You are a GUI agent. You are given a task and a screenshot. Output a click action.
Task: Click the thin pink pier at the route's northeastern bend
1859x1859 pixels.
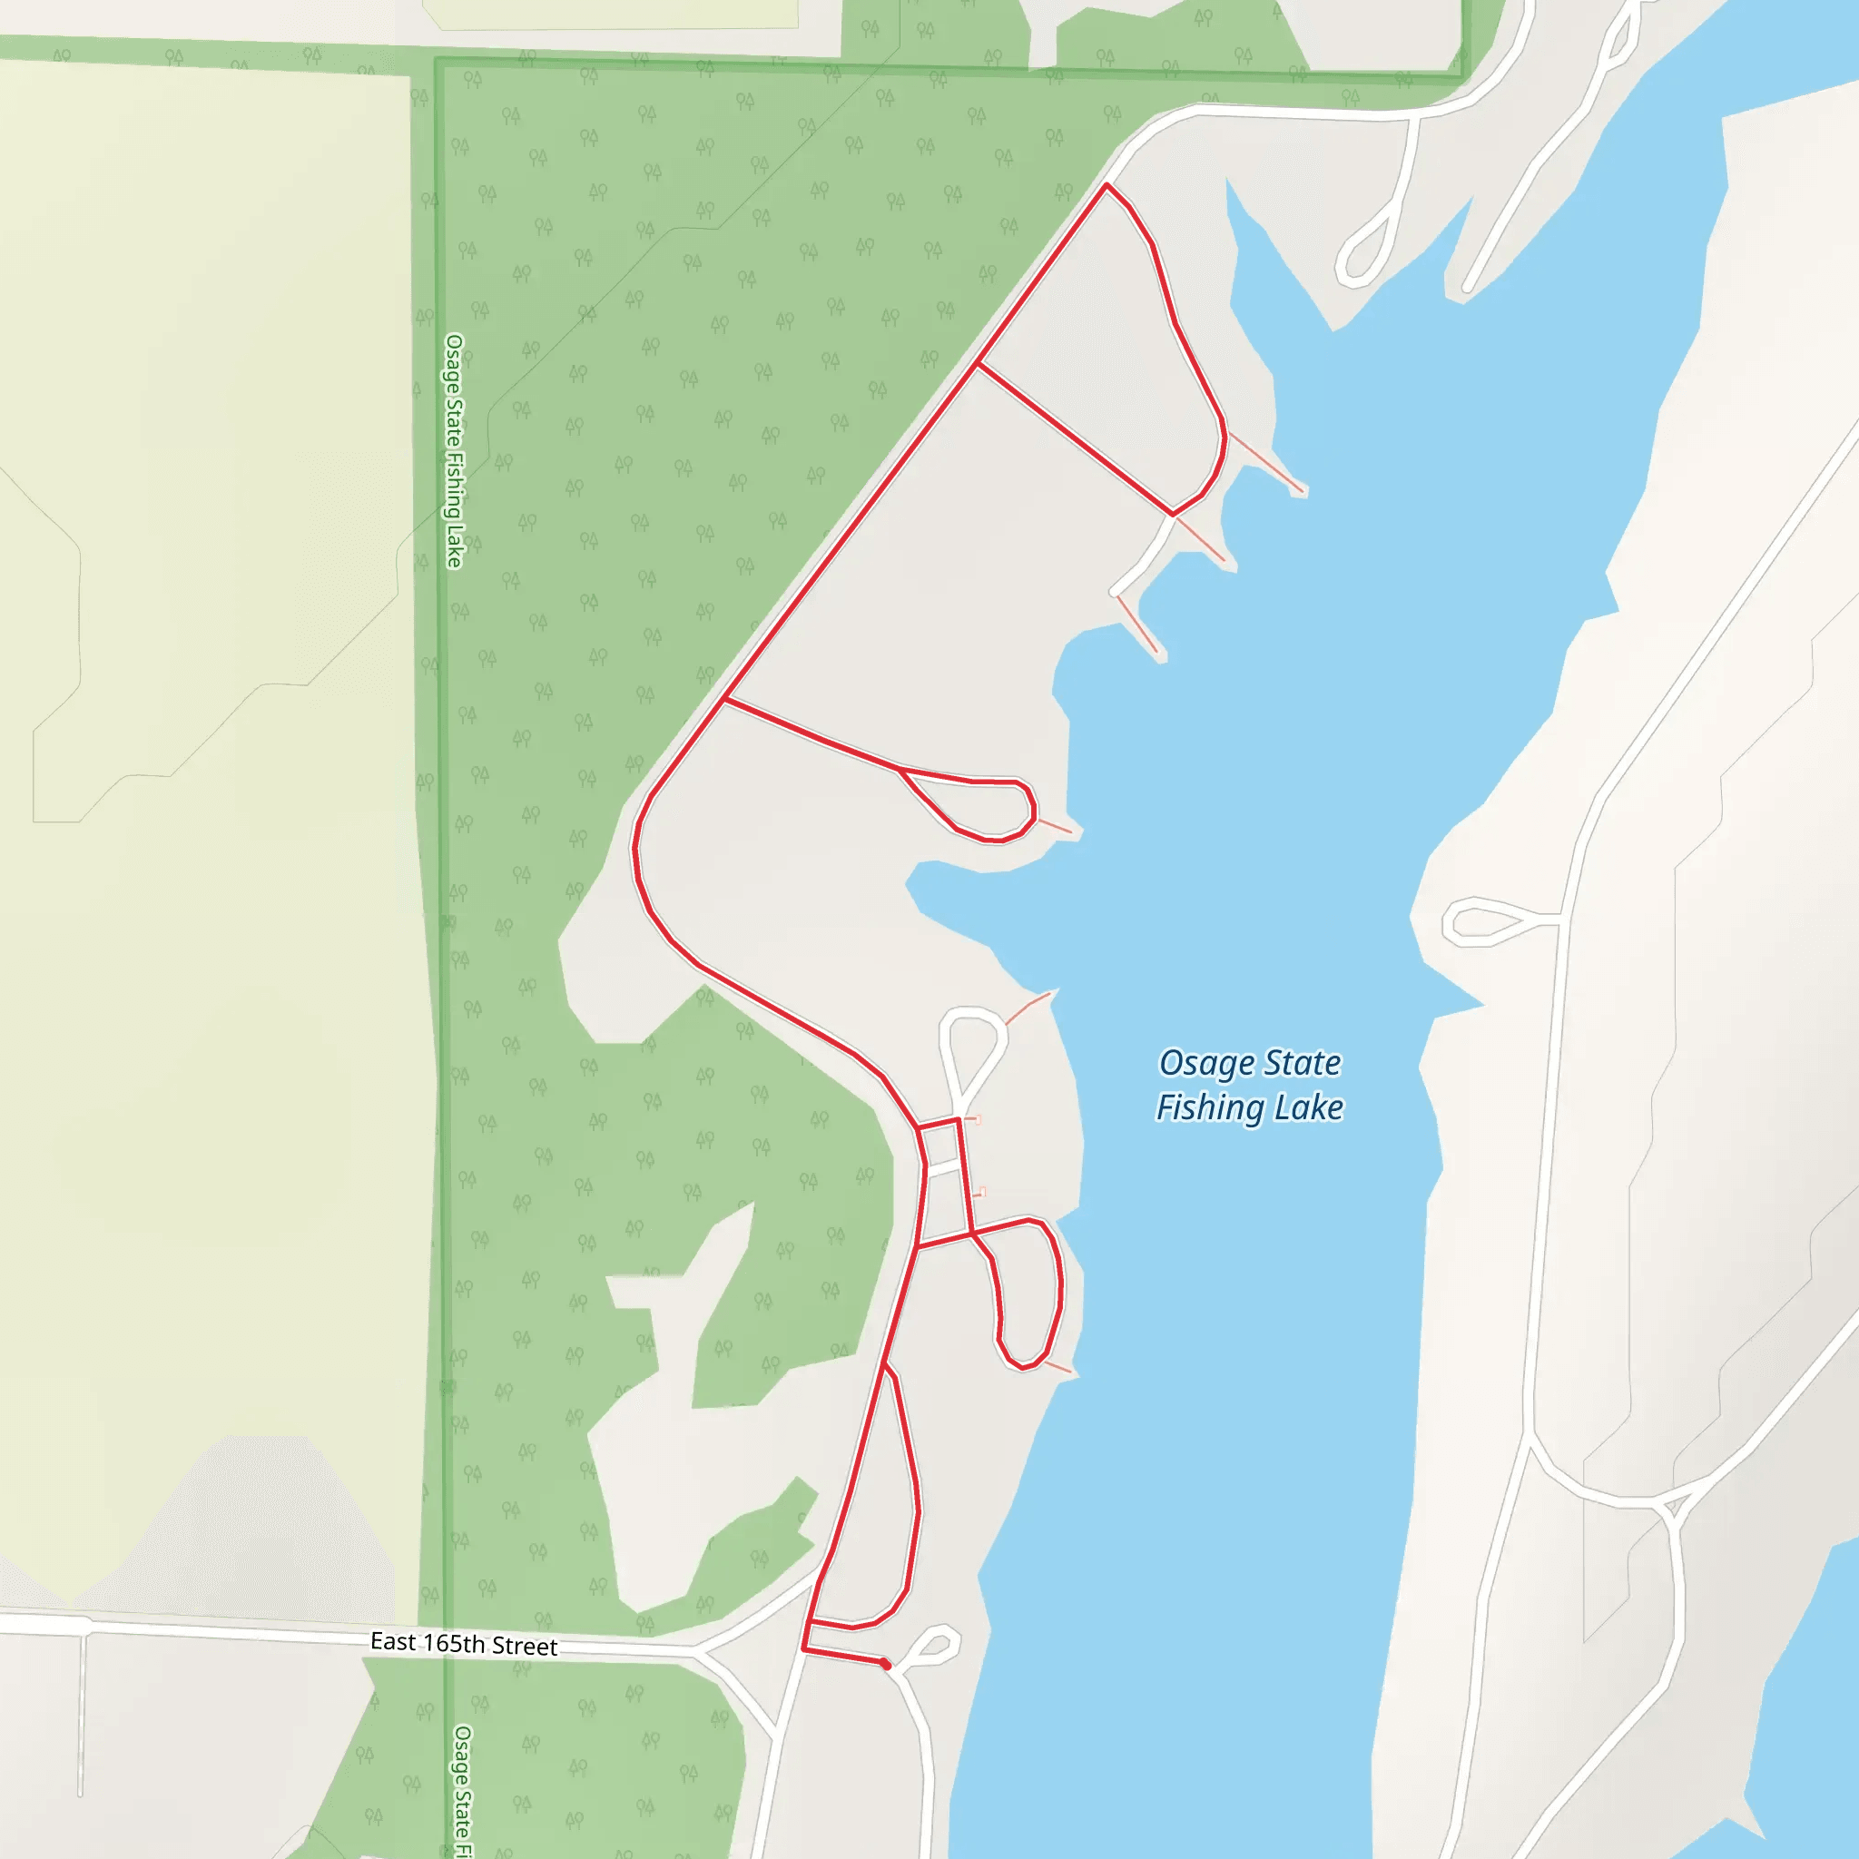1264,463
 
